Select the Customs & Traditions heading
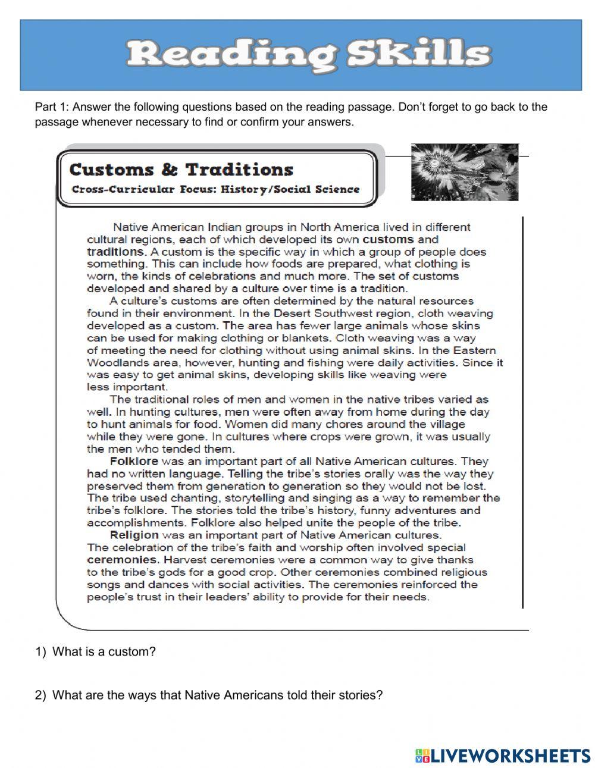[x=181, y=170]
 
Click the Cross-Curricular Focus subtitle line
[x=215, y=190]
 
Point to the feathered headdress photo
[x=464, y=171]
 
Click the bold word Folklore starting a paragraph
[x=134, y=461]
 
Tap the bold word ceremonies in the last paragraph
[x=123, y=560]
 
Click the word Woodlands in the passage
[x=115, y=363]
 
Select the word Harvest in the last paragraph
[x=184, y=560]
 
